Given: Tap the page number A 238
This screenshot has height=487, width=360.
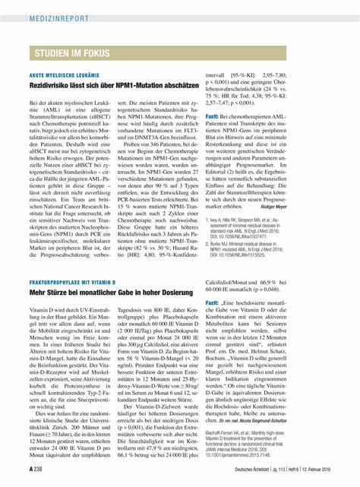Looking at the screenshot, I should (x=36, y=470).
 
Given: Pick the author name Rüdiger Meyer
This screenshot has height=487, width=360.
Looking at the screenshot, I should (x=314, y=205).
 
